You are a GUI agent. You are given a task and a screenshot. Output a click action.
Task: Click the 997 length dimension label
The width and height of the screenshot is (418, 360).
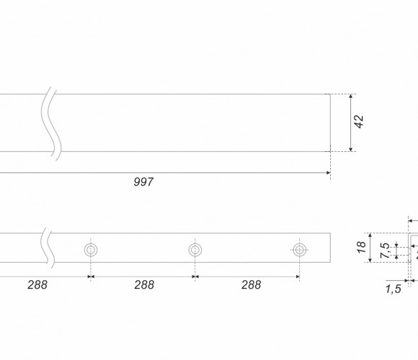[x=143, y=182]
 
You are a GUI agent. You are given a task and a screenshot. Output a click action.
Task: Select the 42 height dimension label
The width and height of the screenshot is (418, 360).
[x=360, y=122]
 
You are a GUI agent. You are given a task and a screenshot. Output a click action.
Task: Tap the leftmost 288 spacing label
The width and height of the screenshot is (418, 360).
[x=37, y=284]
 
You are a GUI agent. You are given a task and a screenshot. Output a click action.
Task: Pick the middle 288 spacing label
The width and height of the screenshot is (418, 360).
[x=144, y=284]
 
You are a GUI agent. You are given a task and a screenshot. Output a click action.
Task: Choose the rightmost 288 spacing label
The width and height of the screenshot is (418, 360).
[x=251, y=284]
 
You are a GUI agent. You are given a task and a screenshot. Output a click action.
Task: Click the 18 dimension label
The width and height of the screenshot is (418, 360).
[x=361, y=248]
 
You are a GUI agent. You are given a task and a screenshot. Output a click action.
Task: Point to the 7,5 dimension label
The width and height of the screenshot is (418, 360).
[x=385, y=251]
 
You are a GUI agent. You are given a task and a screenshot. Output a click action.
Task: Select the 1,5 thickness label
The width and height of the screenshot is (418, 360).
[x=393, y=289]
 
